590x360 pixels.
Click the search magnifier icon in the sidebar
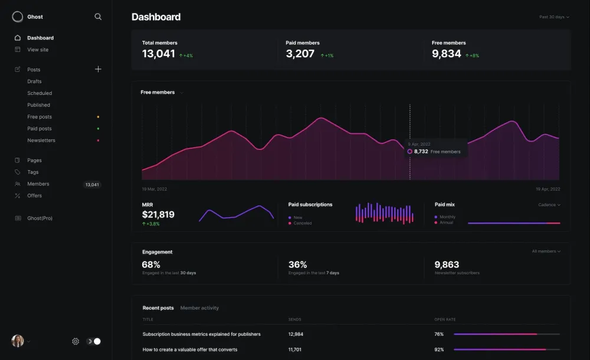point(98,17)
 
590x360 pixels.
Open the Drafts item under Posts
point(34,81)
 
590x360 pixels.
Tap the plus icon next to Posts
point(98,69)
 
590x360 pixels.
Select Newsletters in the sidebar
point(41,140)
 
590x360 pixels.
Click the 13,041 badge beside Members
point(92,185)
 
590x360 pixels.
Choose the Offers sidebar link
point(34,196)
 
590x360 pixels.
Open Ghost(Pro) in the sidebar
point(40,218)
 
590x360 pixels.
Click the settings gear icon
point(76,341)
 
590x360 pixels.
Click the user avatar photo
point(18,341)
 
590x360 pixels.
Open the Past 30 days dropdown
point(554,17)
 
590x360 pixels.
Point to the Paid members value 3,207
point(300,54)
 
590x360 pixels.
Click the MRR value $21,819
point(158,215)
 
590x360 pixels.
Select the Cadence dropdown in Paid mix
point(549,205)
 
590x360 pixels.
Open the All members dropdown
point(546,251)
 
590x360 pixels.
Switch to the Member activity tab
point(199,308)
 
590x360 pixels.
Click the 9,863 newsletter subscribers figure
point(447,265)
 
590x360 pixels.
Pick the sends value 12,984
point(296,334)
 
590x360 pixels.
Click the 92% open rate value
point(439,349)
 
